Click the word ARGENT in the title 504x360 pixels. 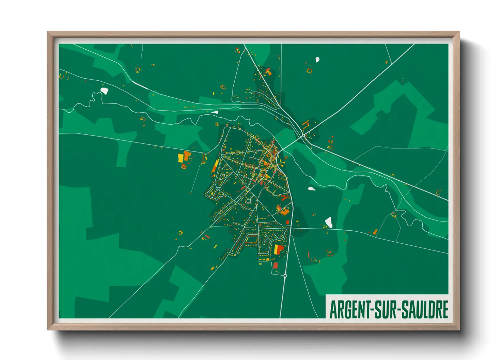pos(349,310)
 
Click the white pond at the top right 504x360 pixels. pos(317,60)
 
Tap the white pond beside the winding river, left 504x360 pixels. pos(104,91)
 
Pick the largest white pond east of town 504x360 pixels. pos(329,222)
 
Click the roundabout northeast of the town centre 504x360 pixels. pos(303,135)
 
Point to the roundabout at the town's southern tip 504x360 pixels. pos(285,275)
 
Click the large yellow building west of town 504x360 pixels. pos(180,158)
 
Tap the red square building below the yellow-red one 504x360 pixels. pos(275,265)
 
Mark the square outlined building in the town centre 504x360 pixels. pos(248,201)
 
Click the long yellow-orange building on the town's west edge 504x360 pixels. pos(215,166)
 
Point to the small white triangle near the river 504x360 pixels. pos(215,112)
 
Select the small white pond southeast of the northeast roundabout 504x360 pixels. pos(311,189)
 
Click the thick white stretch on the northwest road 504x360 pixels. pos(140,85)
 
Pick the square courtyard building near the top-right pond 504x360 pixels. pos(309,71)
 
